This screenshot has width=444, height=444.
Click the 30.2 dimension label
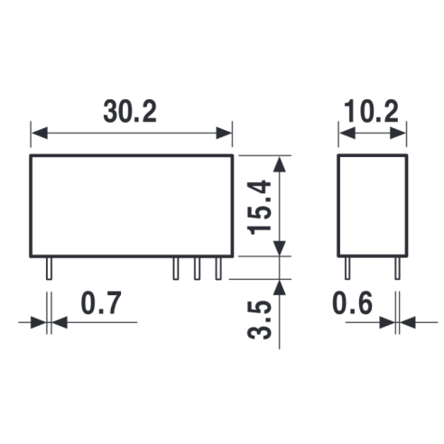(130, 112)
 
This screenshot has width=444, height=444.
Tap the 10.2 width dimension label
(372, 112)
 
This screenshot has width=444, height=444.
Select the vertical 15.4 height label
(259, 208)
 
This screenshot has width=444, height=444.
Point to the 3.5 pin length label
(259, 319)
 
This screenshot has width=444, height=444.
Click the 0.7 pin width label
(101, 303)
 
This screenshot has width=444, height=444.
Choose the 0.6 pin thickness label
(353, 303)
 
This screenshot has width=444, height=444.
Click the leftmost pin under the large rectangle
(49, 269)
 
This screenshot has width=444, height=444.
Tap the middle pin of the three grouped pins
(197, 269)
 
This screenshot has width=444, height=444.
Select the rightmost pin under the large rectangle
(218, 269)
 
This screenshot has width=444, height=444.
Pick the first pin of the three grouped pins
(176, 269)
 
